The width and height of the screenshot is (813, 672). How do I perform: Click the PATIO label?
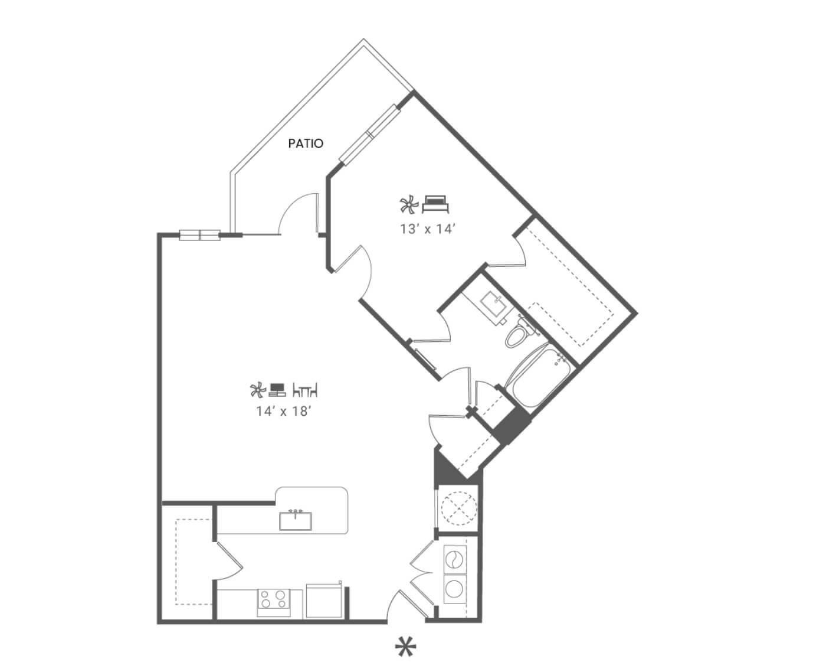306,143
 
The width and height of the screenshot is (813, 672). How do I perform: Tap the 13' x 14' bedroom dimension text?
428,229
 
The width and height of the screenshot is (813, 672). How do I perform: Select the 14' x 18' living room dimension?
283,411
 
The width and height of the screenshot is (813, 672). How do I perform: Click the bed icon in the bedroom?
435,204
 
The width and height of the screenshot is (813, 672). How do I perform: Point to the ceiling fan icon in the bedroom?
409,204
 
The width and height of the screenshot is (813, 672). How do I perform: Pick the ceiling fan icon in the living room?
258,390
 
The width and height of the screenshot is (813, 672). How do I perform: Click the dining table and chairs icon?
305,390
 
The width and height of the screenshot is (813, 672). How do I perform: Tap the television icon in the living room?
277,390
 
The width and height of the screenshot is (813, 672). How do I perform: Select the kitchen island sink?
295,520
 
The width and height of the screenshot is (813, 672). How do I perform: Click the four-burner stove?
273,603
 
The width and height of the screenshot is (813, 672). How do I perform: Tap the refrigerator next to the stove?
324,601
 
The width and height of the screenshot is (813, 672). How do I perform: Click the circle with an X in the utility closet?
458,508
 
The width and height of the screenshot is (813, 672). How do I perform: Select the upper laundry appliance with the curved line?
455,559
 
